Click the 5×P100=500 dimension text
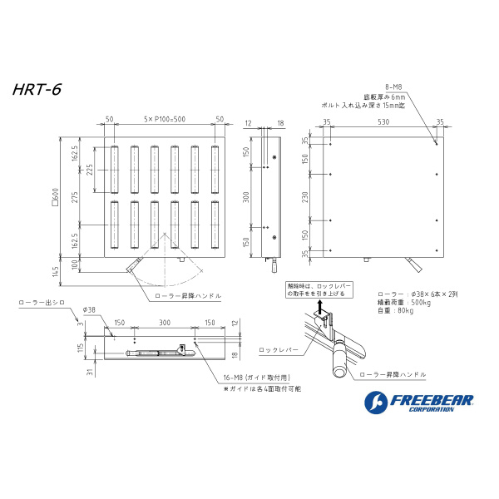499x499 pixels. point(163,120)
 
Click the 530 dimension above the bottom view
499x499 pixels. point(382,121)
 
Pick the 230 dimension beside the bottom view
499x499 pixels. point(305,197)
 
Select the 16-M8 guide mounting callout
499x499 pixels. point(255,378)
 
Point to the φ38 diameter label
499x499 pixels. point(89,309)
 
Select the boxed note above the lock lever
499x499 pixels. point(319,289)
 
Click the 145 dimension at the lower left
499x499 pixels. point(55,272)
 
